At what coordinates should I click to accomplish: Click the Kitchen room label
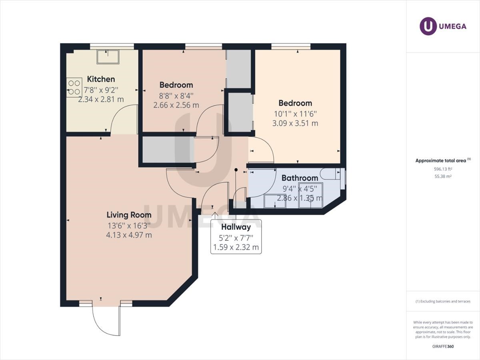[x=101, y=79]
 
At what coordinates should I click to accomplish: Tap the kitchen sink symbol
[x=107, y=57]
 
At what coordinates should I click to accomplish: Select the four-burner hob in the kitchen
[x=73, y=88]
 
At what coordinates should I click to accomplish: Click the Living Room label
[x=129, y=215]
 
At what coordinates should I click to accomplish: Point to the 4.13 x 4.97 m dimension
[x=129, y=235]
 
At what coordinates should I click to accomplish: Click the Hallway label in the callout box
[x=236, y=227]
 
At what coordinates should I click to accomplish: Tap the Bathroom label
[x=300, y=178]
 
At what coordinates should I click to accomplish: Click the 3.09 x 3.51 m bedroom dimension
[x=295, y=124]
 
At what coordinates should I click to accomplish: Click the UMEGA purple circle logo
[x=428, y=26]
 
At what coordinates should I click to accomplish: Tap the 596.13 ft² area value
[x=443, y=169]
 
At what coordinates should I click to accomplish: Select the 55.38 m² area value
[x=443, y=176]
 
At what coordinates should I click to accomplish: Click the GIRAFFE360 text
[x=443, y=346]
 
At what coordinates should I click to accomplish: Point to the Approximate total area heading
[x=441, y=160]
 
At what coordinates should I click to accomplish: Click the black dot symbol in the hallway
[x=236, y=170]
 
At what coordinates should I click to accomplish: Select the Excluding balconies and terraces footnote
[x=443, y=301]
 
